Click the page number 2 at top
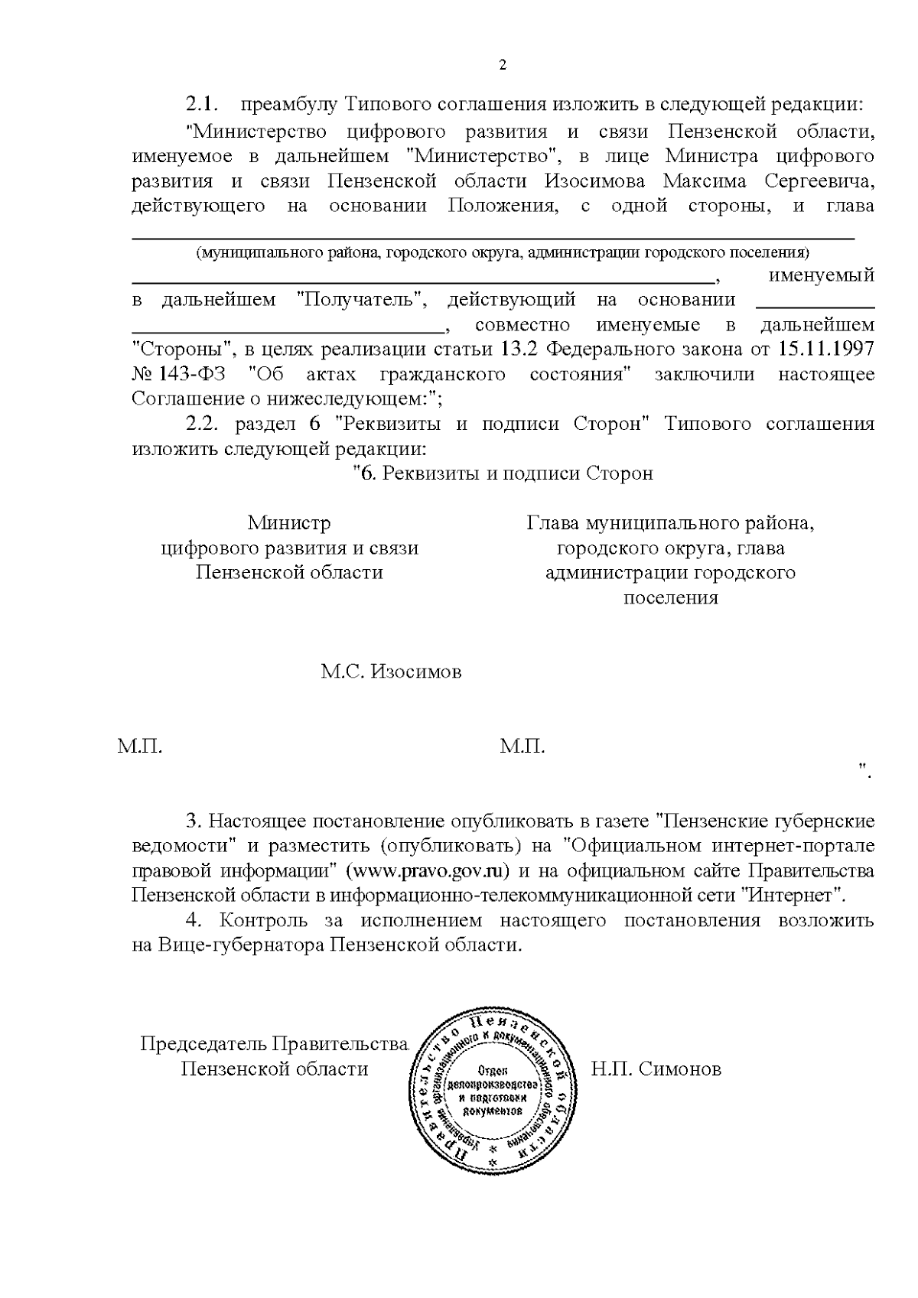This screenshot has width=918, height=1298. (503, 65)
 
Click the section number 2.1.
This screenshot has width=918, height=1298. (203, 105)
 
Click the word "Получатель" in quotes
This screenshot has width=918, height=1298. (360, 301)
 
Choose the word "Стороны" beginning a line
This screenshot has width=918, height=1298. (183, 350)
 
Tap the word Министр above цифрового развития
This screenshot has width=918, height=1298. (289, 523)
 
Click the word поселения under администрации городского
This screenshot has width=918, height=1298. (671, 597)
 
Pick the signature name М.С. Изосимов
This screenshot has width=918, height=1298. (391, 672)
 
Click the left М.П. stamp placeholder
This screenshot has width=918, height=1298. (140, 747)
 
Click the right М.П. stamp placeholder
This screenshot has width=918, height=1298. (522, 747)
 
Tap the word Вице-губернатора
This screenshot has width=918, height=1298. (243, 945)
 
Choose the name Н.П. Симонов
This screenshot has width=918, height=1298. (656, 1069)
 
